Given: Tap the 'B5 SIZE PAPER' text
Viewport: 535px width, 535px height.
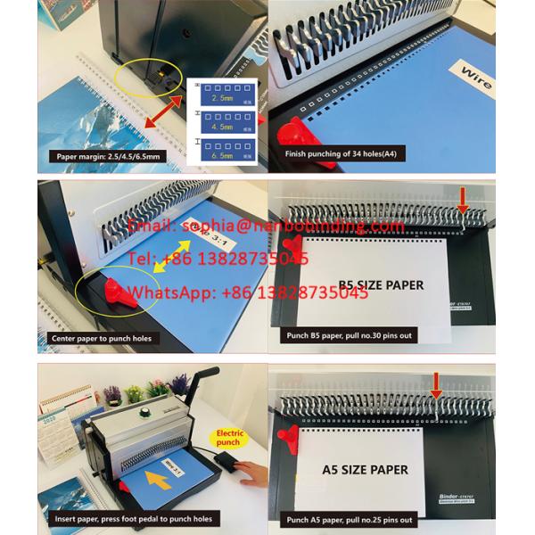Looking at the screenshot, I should pos(381,285).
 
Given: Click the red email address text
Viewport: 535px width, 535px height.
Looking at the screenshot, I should pos(267,226).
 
